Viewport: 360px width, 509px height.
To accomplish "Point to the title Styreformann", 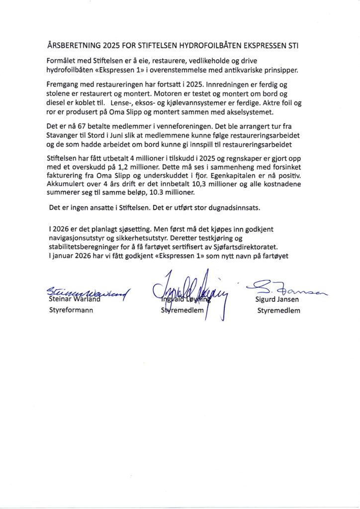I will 70,311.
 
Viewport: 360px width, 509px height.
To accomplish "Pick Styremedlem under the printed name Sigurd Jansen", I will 278,311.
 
